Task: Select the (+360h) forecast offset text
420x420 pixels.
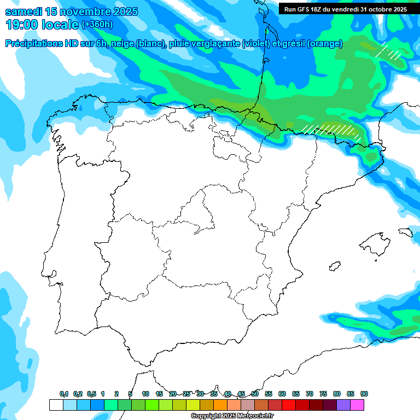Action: click(97, 25)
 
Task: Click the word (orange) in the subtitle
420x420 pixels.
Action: click(325, 44)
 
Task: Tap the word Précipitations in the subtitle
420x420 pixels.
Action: click(34, 44)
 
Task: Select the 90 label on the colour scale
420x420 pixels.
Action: click(364, 394)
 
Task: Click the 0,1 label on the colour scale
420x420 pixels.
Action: click(64, 394)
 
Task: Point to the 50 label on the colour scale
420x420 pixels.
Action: click(255, 394)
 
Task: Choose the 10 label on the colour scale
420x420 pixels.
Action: click(145, 394)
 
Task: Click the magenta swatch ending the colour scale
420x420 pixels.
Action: click(357, 405)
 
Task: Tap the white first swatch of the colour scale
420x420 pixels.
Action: click(56, 405)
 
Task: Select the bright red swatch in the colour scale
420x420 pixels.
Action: click(289, 405)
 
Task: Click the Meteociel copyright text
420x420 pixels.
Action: click(233, 416)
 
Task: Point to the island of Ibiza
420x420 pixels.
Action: click(334, 266)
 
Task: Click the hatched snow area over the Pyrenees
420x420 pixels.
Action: click(331, 130)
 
